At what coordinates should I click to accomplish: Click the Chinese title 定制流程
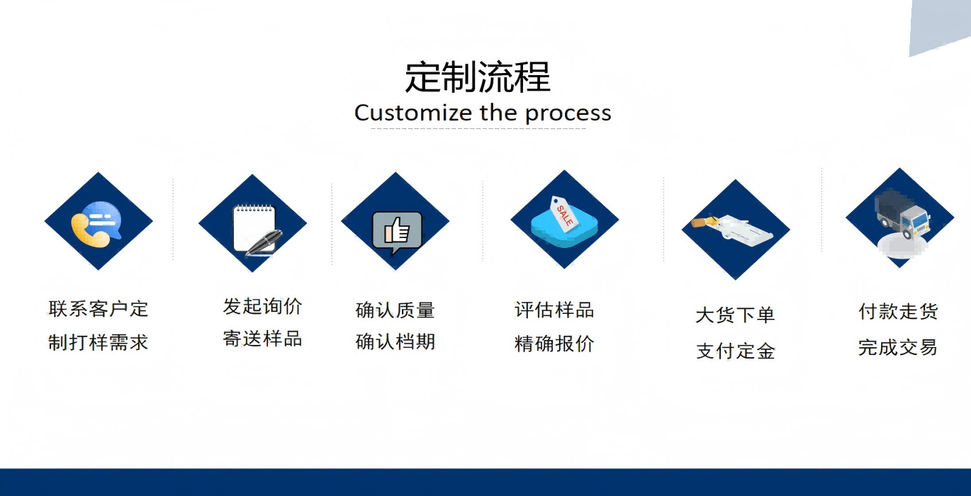(478, 77)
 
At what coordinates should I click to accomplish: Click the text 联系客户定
(99, 309)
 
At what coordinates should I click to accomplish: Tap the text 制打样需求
(99, 343)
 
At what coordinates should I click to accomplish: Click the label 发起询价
(262, 307)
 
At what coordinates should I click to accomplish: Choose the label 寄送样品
(262, 339)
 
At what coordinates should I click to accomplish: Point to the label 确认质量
(395, 310)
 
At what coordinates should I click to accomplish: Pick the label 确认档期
(395, 342)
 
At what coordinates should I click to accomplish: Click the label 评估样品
(554, 310)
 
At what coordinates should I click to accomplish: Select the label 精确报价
(554, 344)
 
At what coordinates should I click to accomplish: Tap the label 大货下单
(735, 315)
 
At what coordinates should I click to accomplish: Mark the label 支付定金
(735, 351)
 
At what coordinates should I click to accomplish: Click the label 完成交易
(897, 347)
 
